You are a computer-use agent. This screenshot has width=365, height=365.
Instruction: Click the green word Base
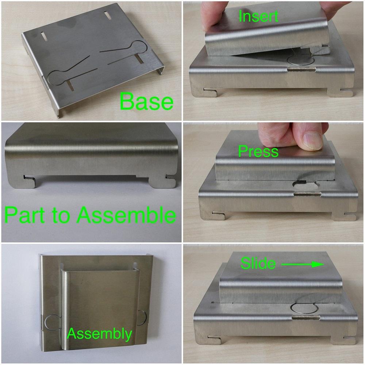(x=146, y=101)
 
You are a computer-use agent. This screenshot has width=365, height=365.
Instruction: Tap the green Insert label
(x=258, y=16)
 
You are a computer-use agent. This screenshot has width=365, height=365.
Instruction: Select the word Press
(x=258, y=151)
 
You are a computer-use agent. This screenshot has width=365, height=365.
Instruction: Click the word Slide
(x=258, y=263)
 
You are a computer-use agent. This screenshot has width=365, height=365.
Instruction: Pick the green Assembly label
(x=100, y=334)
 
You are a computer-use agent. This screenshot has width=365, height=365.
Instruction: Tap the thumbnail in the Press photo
(x=312, y=141)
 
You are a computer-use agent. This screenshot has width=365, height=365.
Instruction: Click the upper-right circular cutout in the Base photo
(x=138, y=47)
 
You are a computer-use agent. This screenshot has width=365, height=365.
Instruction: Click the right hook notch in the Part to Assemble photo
(x=169, y=177)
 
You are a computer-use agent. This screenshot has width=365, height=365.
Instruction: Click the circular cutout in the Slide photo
(x=304, y=309)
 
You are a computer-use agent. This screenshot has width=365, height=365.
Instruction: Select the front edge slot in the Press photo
(x=307, y=193)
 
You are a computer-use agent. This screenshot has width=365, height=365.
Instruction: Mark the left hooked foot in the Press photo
(x=217, y=215)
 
